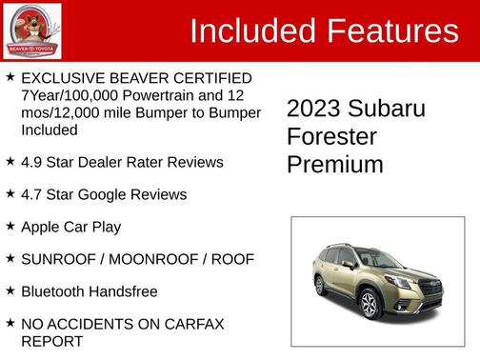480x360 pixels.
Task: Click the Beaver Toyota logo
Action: tap(32, 30)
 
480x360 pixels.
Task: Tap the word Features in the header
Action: tap(393, 30)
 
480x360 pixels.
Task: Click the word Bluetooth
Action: tap(57, 291)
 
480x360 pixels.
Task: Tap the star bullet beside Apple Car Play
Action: tap(10, 227)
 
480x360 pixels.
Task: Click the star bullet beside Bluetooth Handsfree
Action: tap(10, 291)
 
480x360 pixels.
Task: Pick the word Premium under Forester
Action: tap(334, 164)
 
